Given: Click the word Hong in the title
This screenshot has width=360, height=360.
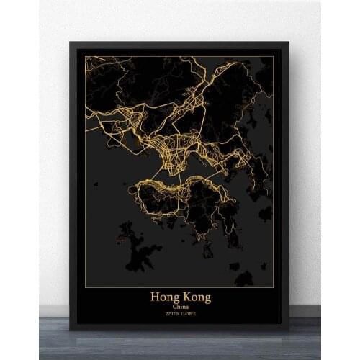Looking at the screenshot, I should pyautogui.click(x=166, y=297).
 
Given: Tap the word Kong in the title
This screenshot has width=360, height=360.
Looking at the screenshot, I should pyautogui.click(x=197, y=297).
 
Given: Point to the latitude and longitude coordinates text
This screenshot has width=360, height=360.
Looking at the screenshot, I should pyautogui.click(x=180, y=315).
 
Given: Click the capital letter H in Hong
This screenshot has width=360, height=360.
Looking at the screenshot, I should pyautogui.click(x=154, y=296).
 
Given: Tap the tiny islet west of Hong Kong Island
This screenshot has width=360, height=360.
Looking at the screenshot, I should pyautogui.click(x=95, y=184).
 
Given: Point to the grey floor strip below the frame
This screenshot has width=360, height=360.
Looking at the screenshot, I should pyautogui.click(x=180, y=346).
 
